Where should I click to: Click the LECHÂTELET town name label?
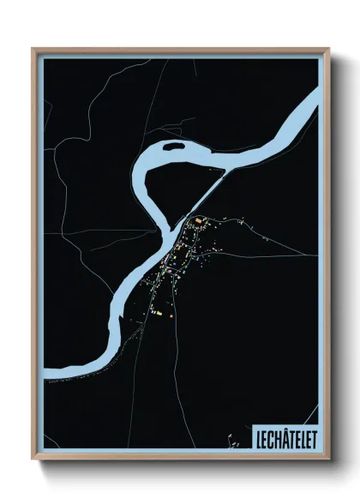pos(284,438)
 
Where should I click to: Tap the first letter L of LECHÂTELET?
pos(258,438)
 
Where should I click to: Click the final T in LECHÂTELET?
pos(311,438)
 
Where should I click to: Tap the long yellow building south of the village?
pos(157,315)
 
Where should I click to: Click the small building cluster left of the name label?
pos(232,442)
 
